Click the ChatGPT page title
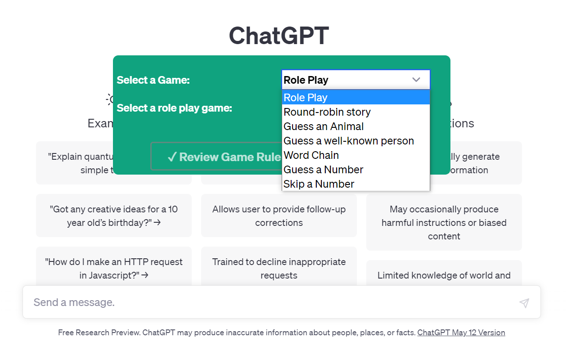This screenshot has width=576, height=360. point(279,36)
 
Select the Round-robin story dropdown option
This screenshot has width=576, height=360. point(327,112)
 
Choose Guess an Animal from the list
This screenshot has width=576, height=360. point(324,126)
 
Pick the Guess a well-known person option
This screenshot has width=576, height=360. point(349,141)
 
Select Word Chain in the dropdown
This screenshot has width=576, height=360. point(311,155)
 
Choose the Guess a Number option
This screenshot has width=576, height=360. point(323,170)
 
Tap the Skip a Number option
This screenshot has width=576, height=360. point(319,184)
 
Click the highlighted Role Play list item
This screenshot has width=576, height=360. point(306,98)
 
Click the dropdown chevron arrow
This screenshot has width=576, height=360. point(416,80)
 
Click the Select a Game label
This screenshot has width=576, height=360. point(153,80)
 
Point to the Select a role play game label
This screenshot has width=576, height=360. point(174,108)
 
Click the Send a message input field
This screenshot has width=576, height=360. point(270,302)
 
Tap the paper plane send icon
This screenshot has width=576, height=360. point(524,303)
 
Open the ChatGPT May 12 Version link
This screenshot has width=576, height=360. point(461,333)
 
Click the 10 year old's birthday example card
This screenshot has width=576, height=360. point(114,216)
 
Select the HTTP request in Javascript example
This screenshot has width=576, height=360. point(114,268)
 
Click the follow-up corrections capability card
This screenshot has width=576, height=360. point(279,216)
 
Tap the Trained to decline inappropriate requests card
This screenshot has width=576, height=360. point(279,268)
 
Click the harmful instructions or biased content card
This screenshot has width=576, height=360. point(444,222)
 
